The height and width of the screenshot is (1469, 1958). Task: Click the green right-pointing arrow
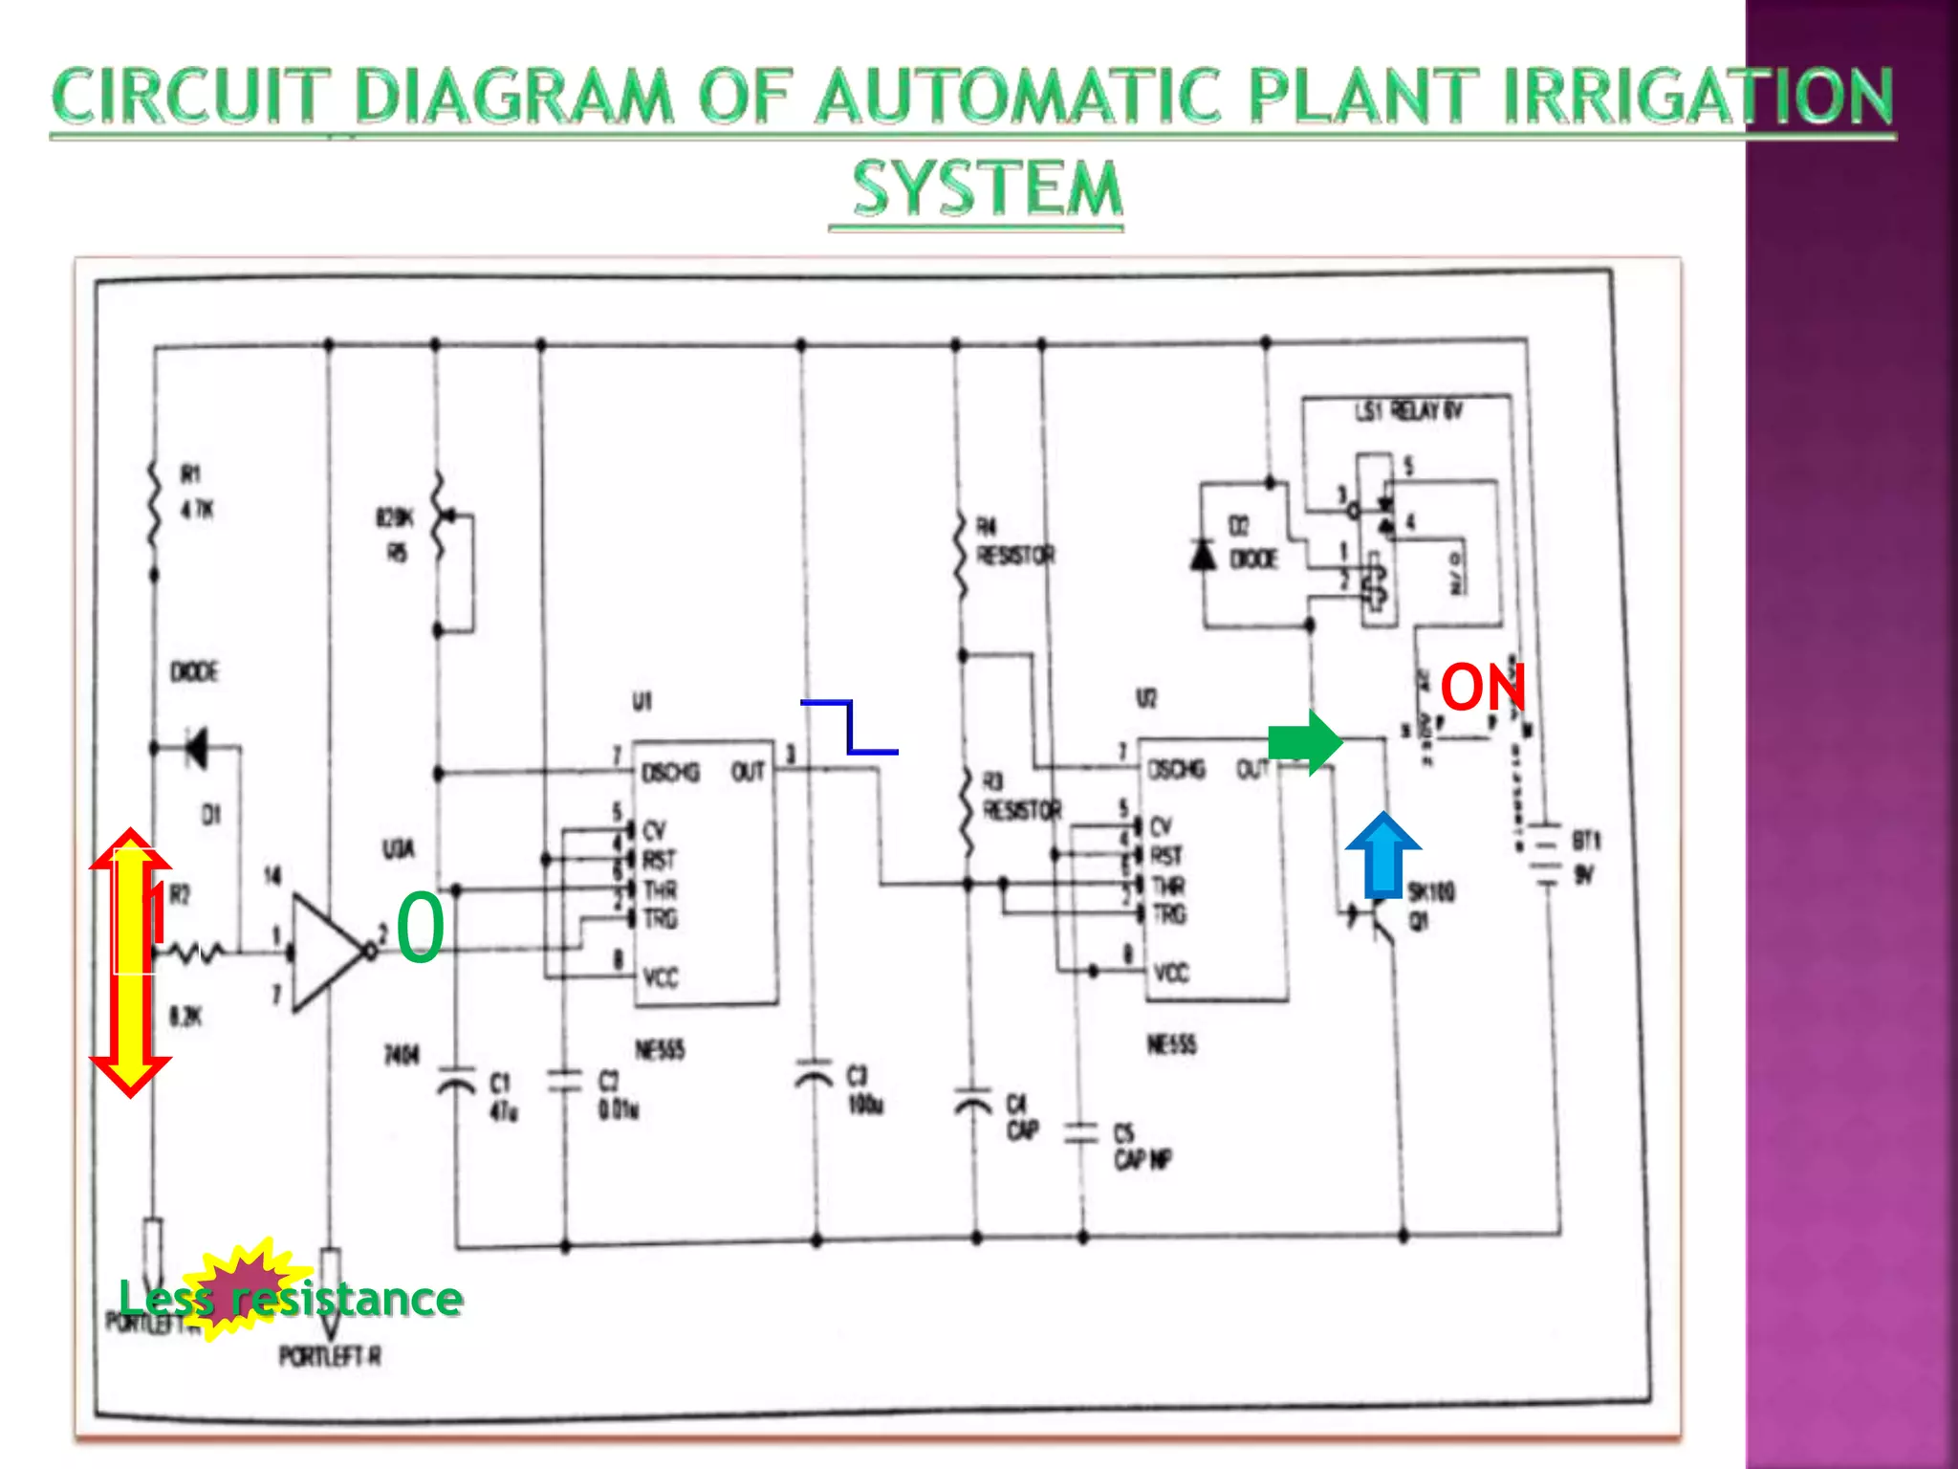coord(1305,741)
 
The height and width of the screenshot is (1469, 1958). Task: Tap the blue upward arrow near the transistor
coord(1382,855)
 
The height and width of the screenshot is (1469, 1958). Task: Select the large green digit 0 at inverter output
coord(421,928)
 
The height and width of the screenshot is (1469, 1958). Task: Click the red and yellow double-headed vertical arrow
coord(131,962)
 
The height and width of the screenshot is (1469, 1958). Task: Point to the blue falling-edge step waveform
coord(849,728)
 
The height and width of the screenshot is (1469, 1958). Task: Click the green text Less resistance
coord(291,1299)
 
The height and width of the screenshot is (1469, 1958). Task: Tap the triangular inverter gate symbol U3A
coord(325,953)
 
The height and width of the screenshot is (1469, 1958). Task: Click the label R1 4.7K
coord(197,493)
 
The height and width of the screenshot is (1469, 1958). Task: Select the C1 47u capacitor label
coord(503,1096)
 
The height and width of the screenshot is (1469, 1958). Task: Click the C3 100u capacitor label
coord(864,1090)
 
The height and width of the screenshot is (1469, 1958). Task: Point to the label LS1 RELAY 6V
coord(1407,412)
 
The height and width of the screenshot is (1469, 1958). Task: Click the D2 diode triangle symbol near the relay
coord(1203,555)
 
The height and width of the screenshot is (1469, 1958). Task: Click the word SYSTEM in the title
coord(987,188)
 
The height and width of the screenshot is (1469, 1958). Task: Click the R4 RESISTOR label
coord(1013,541)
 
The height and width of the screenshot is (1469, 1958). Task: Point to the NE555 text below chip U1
coord(660,1051)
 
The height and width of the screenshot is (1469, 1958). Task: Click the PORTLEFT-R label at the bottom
coord(330,1356)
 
